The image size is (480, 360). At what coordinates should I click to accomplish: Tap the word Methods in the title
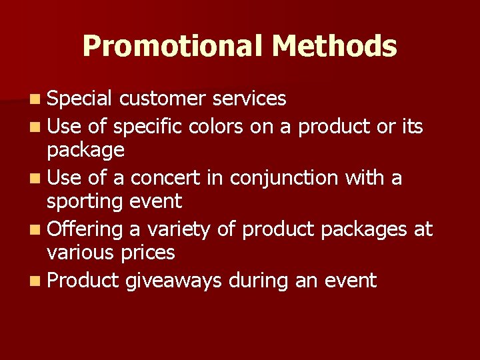[x=335, y=46]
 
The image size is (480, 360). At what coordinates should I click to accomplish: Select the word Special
[x=79, y=99]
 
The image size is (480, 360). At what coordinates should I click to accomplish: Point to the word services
[x=249, y=99]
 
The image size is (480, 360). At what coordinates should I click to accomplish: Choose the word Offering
[x=85, y=229]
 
